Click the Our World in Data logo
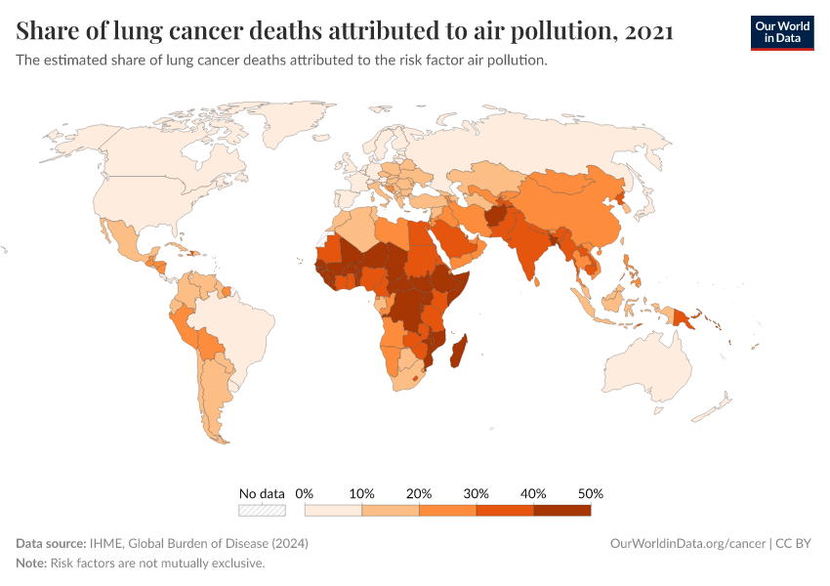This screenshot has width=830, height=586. click(781, 33)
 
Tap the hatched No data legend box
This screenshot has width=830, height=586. click(262, 510)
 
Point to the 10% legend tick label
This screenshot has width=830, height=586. click(361, 493)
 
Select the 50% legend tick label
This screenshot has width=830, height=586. click(591, 493)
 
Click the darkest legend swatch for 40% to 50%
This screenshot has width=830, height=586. click(561, 510)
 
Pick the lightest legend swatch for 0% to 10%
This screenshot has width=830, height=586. click(333, 510)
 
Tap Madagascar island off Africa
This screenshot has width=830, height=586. click(457, 351)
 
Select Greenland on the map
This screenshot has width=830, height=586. click(311, 122)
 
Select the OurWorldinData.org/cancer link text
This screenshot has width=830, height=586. click(685, 543)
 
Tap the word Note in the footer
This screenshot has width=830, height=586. click(31, 564)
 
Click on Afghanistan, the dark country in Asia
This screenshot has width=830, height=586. click(498, 217)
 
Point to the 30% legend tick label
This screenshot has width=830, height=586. click(476, 493)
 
